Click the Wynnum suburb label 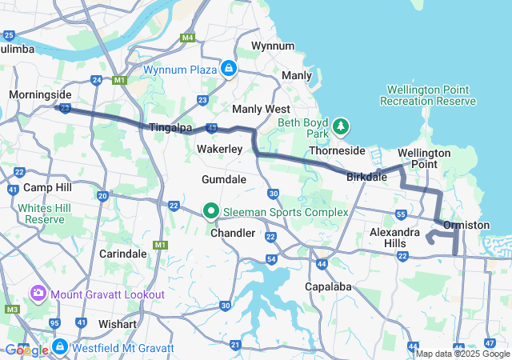tap(273, 46)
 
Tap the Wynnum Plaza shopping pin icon tap(230, 70)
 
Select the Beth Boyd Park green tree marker tap(342, 126)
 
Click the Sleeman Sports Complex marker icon tap(211, 212)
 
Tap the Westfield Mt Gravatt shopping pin tap(60, 347)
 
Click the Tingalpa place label tap(169, 128)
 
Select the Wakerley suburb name tap(219, 150)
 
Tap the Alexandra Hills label tap(394, 238)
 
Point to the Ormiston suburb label tap(466, 225)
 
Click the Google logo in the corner tap(26, 350)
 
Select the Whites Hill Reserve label tap(45, 214)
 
